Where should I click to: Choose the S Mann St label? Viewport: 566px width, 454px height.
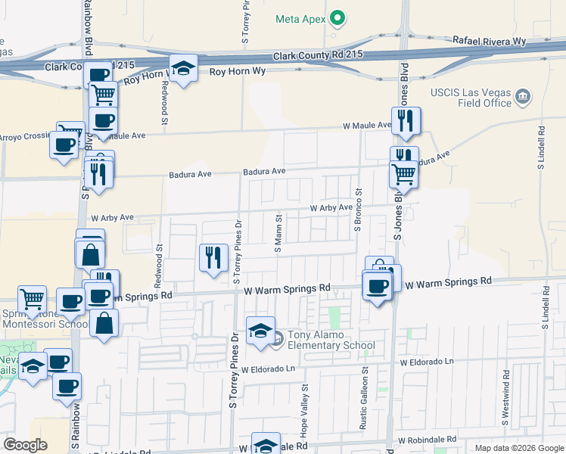point(278,234)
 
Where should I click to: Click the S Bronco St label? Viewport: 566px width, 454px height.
point(358,210)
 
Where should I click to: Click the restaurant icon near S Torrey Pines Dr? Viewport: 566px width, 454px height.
point(213,257)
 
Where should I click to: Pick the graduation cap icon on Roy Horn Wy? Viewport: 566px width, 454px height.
point(182,68)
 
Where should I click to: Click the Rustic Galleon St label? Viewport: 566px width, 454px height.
point(364,409)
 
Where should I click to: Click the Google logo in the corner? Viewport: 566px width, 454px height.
point(25,445)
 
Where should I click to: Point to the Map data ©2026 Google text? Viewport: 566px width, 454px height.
point(519,448)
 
